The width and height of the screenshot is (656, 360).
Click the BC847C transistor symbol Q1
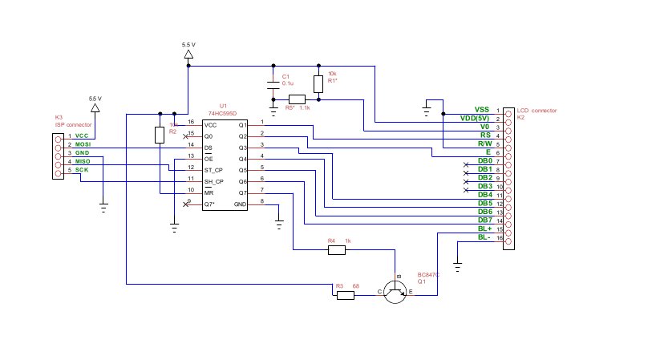395,292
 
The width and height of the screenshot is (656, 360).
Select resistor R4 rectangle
337,250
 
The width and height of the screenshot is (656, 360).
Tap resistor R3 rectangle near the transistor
345,295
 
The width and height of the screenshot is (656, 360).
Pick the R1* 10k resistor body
319,83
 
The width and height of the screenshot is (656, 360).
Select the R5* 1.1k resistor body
297,100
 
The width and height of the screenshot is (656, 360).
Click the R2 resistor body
160,134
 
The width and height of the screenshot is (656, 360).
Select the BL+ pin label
484,229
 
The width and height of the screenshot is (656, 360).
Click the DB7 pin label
484,220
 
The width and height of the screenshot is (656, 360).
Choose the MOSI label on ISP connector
83,144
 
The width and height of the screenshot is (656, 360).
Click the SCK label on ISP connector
82,169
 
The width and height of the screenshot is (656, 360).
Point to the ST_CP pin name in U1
213,170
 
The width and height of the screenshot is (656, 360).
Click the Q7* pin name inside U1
209,204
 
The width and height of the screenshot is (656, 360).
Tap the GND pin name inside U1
241,204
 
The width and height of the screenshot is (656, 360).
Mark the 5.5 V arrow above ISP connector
95,107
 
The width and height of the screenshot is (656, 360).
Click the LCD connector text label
537,110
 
